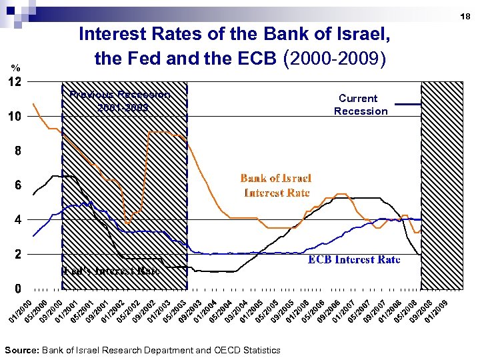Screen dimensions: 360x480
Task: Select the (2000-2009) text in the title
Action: coord(335,59)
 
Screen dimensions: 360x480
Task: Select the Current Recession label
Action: coord(361,105)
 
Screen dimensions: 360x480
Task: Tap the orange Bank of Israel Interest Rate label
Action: coord(276,185)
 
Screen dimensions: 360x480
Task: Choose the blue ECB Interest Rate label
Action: coord(354,259)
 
